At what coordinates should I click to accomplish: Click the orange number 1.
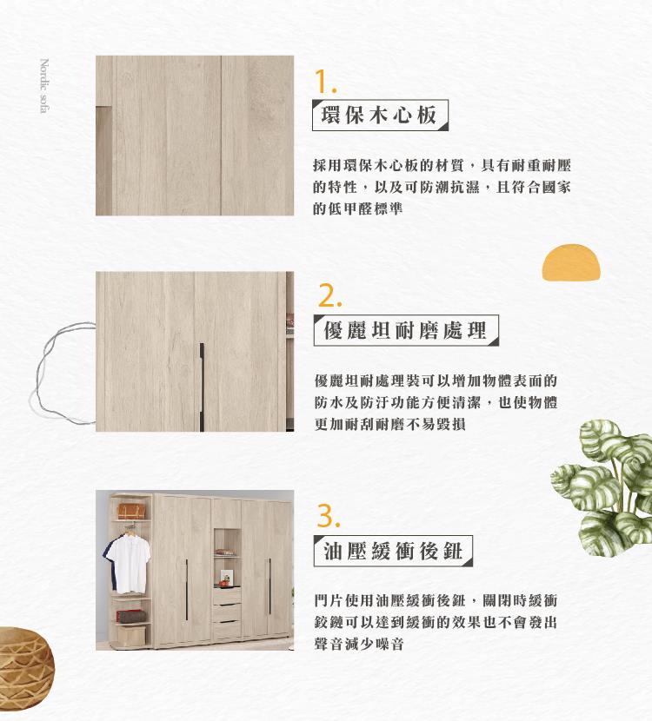(325, 82)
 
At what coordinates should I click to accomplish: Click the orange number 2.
(329, 296)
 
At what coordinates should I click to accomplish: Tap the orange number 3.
(329, 516)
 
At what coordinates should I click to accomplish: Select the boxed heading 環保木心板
(380, 115)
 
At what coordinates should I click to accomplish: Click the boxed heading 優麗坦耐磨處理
(406, 330)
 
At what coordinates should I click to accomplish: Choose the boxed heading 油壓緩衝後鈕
(393, 551)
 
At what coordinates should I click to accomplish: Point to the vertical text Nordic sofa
(44, 85)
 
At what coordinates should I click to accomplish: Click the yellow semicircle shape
(571, 262)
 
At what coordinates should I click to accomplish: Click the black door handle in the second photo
(202, 387)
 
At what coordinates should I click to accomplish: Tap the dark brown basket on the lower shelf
(132, 617)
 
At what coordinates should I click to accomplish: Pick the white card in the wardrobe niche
(226, 577)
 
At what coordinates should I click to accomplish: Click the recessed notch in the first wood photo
(103, 161)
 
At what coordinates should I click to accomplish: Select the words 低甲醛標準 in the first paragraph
(365, 208)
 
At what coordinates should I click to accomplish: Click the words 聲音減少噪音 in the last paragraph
(359, 644)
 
